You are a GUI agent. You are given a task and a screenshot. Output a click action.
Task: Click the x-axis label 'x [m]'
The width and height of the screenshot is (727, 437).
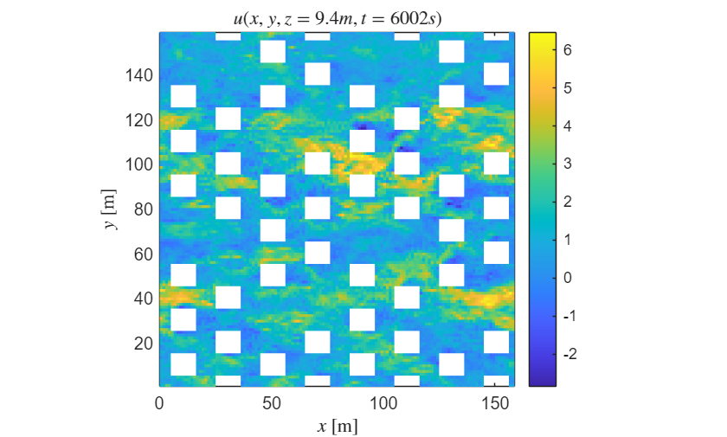[337, 426]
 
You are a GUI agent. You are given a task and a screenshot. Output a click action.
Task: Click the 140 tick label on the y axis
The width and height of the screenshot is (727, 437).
[138, 75]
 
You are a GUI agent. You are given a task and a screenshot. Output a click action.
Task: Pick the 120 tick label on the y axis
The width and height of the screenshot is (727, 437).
[138, 119]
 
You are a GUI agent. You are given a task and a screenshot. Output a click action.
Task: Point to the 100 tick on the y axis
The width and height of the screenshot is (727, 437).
[138, 164]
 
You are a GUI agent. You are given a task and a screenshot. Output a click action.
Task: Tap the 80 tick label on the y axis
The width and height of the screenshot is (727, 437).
[143, 209]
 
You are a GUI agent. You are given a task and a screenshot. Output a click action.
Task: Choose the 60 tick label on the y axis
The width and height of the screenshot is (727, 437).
[143, 254]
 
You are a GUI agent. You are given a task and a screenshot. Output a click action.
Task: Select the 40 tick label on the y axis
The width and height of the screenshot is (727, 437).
[143, 299]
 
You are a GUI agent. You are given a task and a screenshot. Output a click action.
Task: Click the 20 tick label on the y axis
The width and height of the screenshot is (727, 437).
[143, 343]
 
